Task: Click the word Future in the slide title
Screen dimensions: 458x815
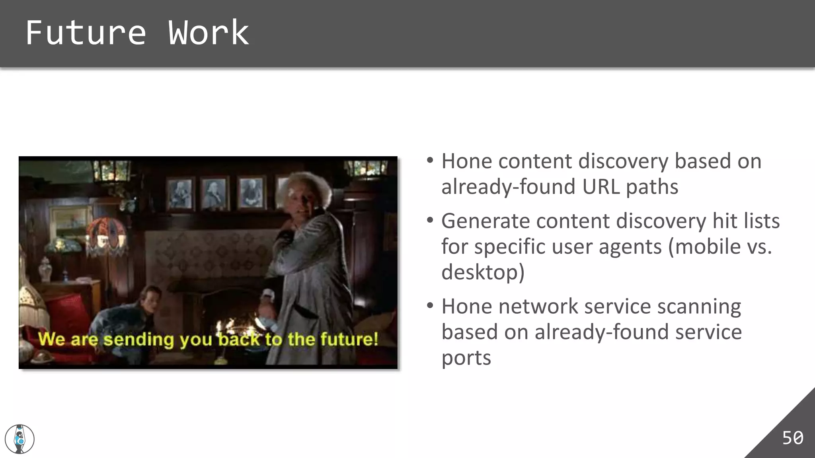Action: (x=86, y=33)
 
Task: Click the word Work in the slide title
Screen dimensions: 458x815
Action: (x=208, y=33)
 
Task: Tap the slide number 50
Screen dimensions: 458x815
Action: (x=792, y=438)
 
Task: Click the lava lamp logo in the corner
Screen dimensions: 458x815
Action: (x=19, y=439)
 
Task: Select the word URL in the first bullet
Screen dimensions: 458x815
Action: (x=601, y=187)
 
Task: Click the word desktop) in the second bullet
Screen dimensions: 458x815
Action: (x=483, y=272)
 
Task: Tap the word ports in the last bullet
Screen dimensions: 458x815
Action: (x=466, y=357)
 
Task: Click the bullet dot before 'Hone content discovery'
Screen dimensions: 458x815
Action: (x=430, y=161)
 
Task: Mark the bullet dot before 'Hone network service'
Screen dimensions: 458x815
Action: (x=430, y=306)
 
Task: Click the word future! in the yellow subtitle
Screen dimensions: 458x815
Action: (x=349, y=339)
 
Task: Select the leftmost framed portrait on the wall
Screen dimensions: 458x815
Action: (x=180, y=194)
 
